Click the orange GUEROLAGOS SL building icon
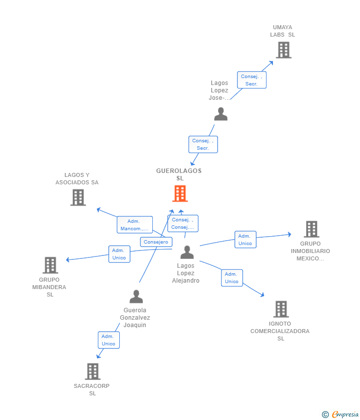[180, 194]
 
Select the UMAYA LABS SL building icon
[283, 50]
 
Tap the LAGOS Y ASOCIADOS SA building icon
[78, 198]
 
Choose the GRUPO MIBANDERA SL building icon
[50, 265]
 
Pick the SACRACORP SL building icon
[92, 372]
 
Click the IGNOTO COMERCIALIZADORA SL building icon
[281, 309]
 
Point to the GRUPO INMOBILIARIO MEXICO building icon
[311, 229]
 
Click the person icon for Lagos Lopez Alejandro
[187, 252]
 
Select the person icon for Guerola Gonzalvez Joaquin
[136, 296]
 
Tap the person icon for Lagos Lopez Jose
[221, 114]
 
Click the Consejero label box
[156, 242]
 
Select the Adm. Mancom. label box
[135, 225]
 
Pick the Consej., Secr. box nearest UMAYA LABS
[251, 80]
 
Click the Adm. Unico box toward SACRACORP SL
[108, 340]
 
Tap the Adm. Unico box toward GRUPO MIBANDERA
[119, 254]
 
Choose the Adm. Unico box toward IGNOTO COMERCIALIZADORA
[231, 278]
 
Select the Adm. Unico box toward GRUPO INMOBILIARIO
[245, 240]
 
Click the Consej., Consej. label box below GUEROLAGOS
[182, 223]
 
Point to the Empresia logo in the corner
[341, 414]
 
